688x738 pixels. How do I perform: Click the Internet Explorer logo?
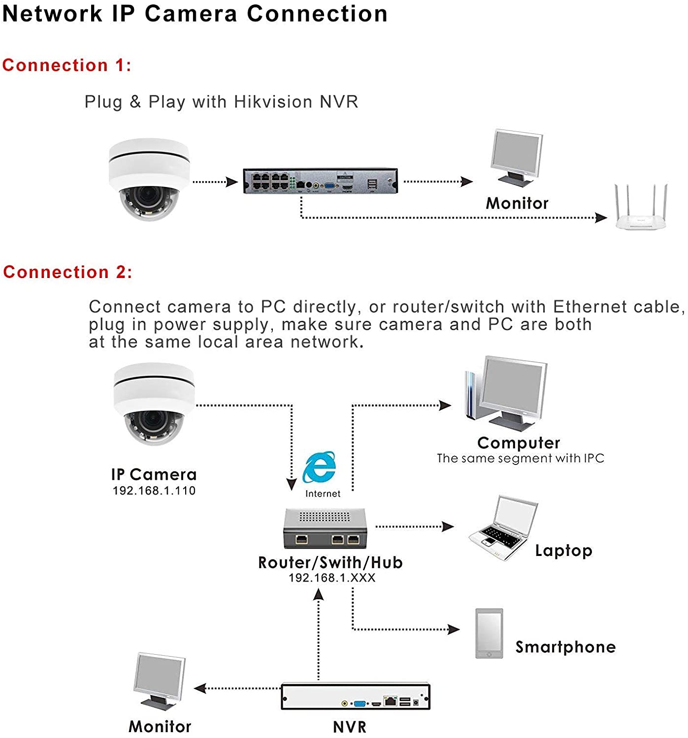pos(319,467)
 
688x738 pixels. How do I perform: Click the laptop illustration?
pos(503,528)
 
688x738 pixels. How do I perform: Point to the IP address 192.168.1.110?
pos(154,491)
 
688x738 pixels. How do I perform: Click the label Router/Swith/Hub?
pos(330,563)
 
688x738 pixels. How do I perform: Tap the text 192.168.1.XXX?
pos(332,578)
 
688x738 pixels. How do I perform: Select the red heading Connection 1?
pos(66,65)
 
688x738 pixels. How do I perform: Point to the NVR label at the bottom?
pos(349,727)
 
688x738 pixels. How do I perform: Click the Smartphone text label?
pos(565,647)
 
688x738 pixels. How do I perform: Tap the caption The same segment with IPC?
pos(520,458)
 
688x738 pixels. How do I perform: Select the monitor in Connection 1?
pos(517,157)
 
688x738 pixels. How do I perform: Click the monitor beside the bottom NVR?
pos(160,681)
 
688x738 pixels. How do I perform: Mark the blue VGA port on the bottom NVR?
pos(359,703)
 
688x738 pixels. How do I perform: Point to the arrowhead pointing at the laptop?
pos(448,526)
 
